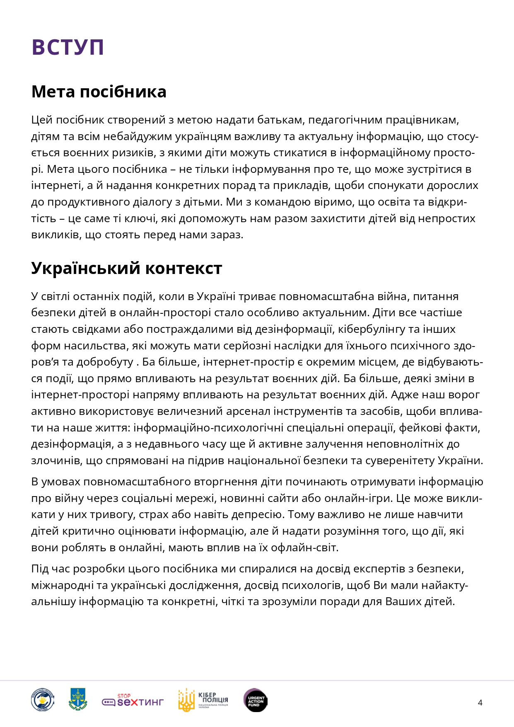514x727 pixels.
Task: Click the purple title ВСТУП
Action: tap(68, 47)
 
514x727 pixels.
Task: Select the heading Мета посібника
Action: tap(99, 92)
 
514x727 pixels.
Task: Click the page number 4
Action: tap(480, 703)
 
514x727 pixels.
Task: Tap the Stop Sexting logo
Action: tap(133, 700)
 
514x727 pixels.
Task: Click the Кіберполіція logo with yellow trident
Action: tap(203, 700)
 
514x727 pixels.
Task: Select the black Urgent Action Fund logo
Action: tap(256, 700)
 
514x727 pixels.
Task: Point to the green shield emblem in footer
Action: tap(78, 700)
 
